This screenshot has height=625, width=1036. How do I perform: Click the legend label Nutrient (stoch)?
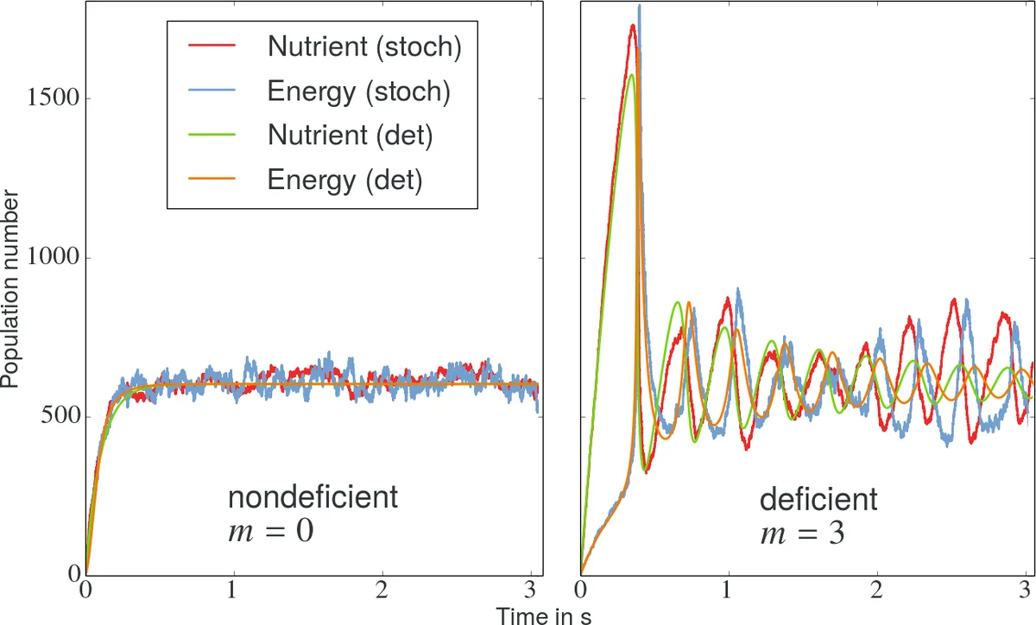(365, 47)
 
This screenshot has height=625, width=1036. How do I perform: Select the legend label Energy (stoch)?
(358, 92)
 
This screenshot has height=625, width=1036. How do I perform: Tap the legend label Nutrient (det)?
(350, 136)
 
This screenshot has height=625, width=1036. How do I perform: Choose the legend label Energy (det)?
(344, 180)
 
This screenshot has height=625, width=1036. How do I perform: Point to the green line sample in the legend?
(210, 137)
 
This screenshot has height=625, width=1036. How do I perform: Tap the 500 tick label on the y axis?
(61, 417)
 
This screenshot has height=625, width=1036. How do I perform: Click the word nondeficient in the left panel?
(313, 499)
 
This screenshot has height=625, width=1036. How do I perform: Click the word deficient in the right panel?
(818, 499)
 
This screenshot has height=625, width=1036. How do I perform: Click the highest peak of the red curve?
(633, 25)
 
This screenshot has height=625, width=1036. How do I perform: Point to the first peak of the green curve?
(632, 75)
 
